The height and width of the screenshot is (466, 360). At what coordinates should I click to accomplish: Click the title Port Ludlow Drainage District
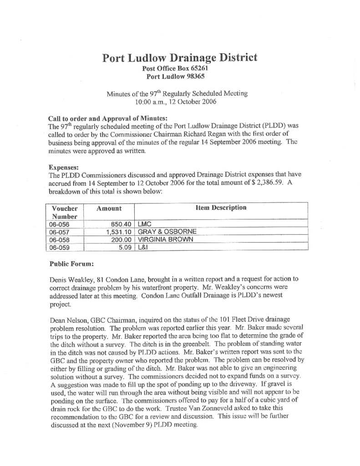179,58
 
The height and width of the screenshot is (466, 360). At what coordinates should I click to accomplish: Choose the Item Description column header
221,208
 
